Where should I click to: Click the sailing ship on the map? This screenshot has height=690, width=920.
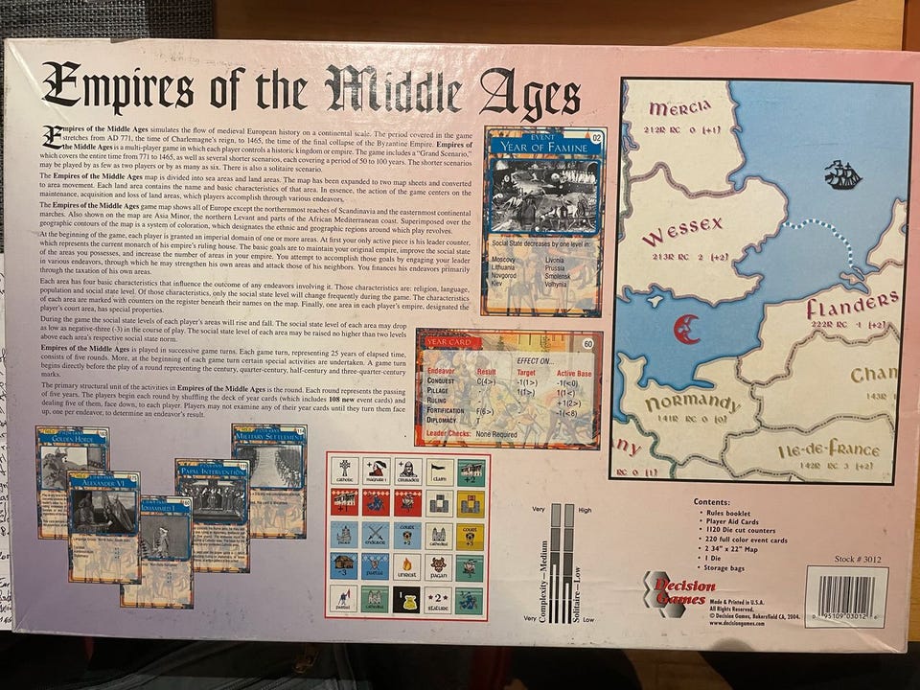coord(843,174)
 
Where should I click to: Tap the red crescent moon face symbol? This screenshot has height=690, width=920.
coord(686,329)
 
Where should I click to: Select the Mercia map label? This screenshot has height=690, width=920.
coord(681,105)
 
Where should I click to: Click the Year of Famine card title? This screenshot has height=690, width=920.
coord(541,147)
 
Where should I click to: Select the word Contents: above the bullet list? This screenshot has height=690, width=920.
coord(718,500)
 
